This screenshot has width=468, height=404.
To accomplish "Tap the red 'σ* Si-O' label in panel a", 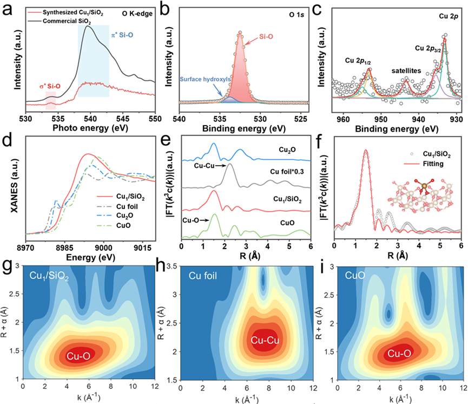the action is (50, 86).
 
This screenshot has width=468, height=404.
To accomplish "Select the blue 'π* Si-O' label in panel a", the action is (122, 35).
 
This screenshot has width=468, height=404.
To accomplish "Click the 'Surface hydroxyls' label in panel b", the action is (205, 79).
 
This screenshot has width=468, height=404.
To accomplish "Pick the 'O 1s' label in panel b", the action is (296, 14).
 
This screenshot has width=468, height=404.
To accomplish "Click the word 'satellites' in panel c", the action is (406, 71).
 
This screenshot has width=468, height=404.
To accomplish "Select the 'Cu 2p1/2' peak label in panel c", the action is (358, 61).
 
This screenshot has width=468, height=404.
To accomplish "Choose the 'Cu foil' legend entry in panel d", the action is (127, 206).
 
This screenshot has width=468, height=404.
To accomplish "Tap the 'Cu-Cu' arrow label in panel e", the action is (204, 165).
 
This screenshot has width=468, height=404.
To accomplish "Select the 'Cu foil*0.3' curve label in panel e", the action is (287, 172).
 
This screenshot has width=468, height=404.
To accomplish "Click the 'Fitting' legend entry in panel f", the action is (433, 164).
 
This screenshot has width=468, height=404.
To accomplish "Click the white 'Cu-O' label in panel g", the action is (78, 356).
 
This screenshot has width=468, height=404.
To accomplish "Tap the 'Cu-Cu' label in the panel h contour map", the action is (265, 340).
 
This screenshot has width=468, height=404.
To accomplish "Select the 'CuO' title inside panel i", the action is (355, 275).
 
